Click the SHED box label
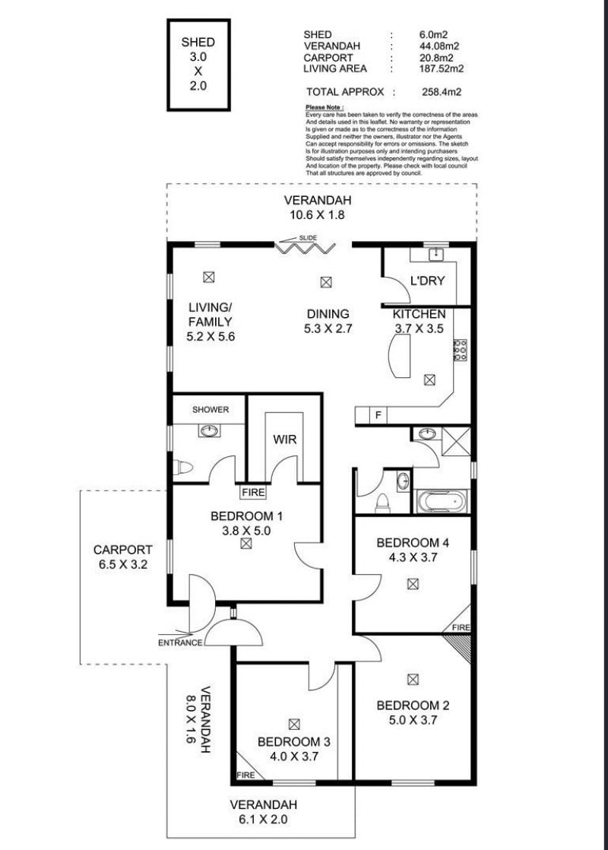(198, 43)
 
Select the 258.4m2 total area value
(442, 92)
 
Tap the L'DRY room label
(428, 281)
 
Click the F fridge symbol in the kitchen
(378, 416)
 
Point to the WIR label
(284, 439)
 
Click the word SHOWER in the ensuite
(211, 410)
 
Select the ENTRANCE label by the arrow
(180, 643)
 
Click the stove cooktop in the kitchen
(460, 350)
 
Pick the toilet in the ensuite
(183, 468)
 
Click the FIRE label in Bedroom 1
(253, 492)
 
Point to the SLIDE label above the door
(308, 238)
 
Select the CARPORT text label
(123, 550)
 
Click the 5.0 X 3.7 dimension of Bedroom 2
(413, 720)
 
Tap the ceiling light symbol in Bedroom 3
(294, 724)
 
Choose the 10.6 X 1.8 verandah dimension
(317, 214)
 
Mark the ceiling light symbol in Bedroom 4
(413, 584)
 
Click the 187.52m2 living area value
(442, 69)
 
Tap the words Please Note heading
(324, 107)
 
